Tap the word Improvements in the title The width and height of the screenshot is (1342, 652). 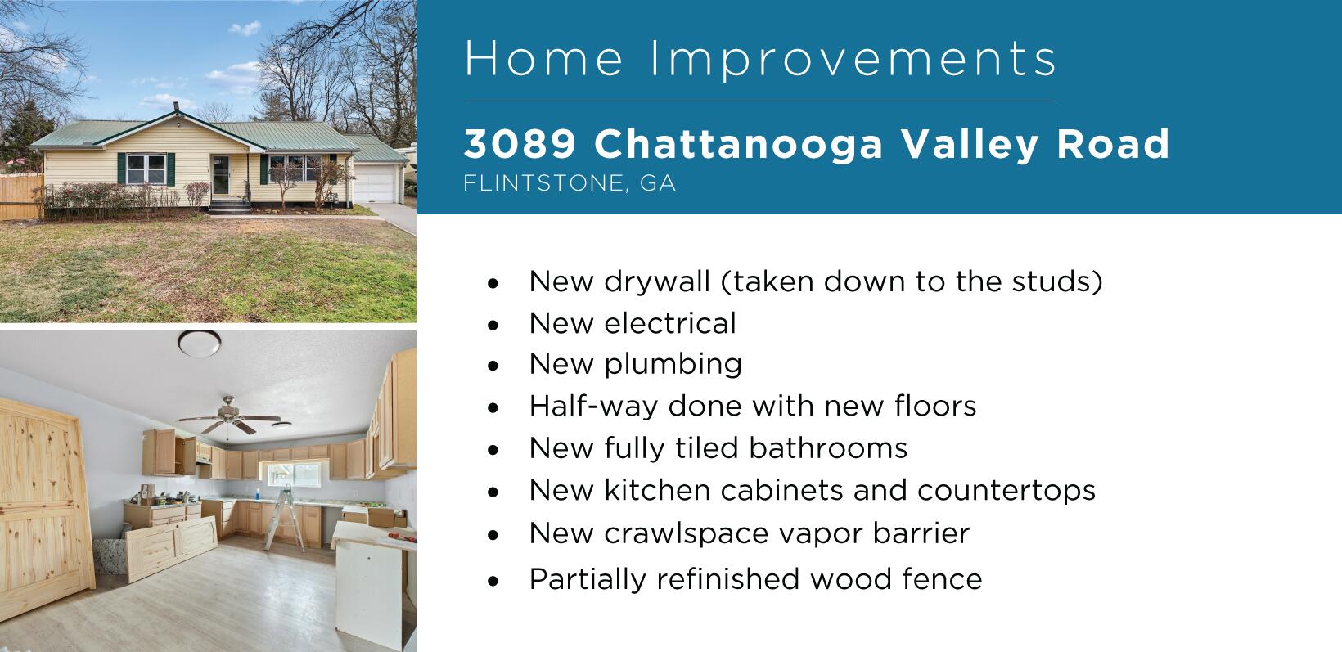click(x=853, y=59)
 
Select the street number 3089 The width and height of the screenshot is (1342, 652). click(x=520, y=144)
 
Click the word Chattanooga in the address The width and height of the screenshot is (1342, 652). click(x=739, y=144)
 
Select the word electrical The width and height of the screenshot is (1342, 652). click(x=670, y=323)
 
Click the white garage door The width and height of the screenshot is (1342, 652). click(x=376, y=183)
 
